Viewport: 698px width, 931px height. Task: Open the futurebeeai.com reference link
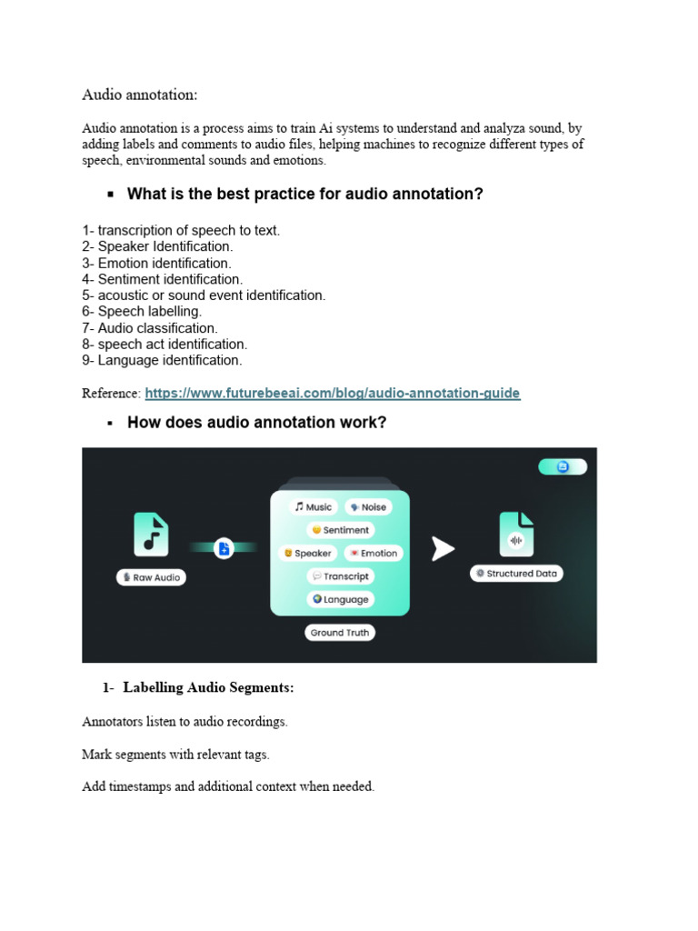click(332, 394)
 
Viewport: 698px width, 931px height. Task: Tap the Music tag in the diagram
click(314, 506)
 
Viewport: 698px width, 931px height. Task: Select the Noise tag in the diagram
click(368, 506)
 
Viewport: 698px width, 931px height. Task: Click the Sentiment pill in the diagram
click(341, 530)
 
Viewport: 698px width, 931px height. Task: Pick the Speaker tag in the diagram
click(308, 553)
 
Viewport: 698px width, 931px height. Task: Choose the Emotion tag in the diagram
click(374, 553)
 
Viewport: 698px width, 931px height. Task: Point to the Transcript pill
click(341, 576)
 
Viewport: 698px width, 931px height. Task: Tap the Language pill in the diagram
click(341, 599)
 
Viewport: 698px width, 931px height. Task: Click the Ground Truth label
click(340, 633)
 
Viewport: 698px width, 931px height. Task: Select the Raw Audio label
click(151, 577)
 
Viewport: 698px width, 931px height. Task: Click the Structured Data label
click(517, 574)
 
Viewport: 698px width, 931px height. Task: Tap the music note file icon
click(151, 534)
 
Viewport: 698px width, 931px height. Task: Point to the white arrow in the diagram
click(442, 548)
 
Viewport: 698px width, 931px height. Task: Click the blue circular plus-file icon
click(224, 547)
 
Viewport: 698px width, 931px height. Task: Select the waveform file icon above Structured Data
click(516, 534)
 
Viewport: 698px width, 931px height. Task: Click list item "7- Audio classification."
click(150, 328)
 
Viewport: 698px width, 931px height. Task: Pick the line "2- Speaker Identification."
click(157, 246)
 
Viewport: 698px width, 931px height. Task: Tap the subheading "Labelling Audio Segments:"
click(208, 688)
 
